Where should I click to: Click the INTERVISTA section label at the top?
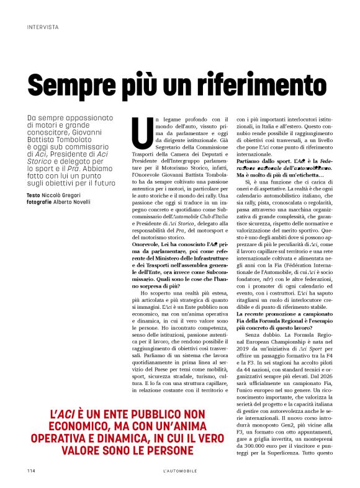coord(43,28)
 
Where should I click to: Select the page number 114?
coord(31,471)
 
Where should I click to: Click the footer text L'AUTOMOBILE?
coord(179,471)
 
